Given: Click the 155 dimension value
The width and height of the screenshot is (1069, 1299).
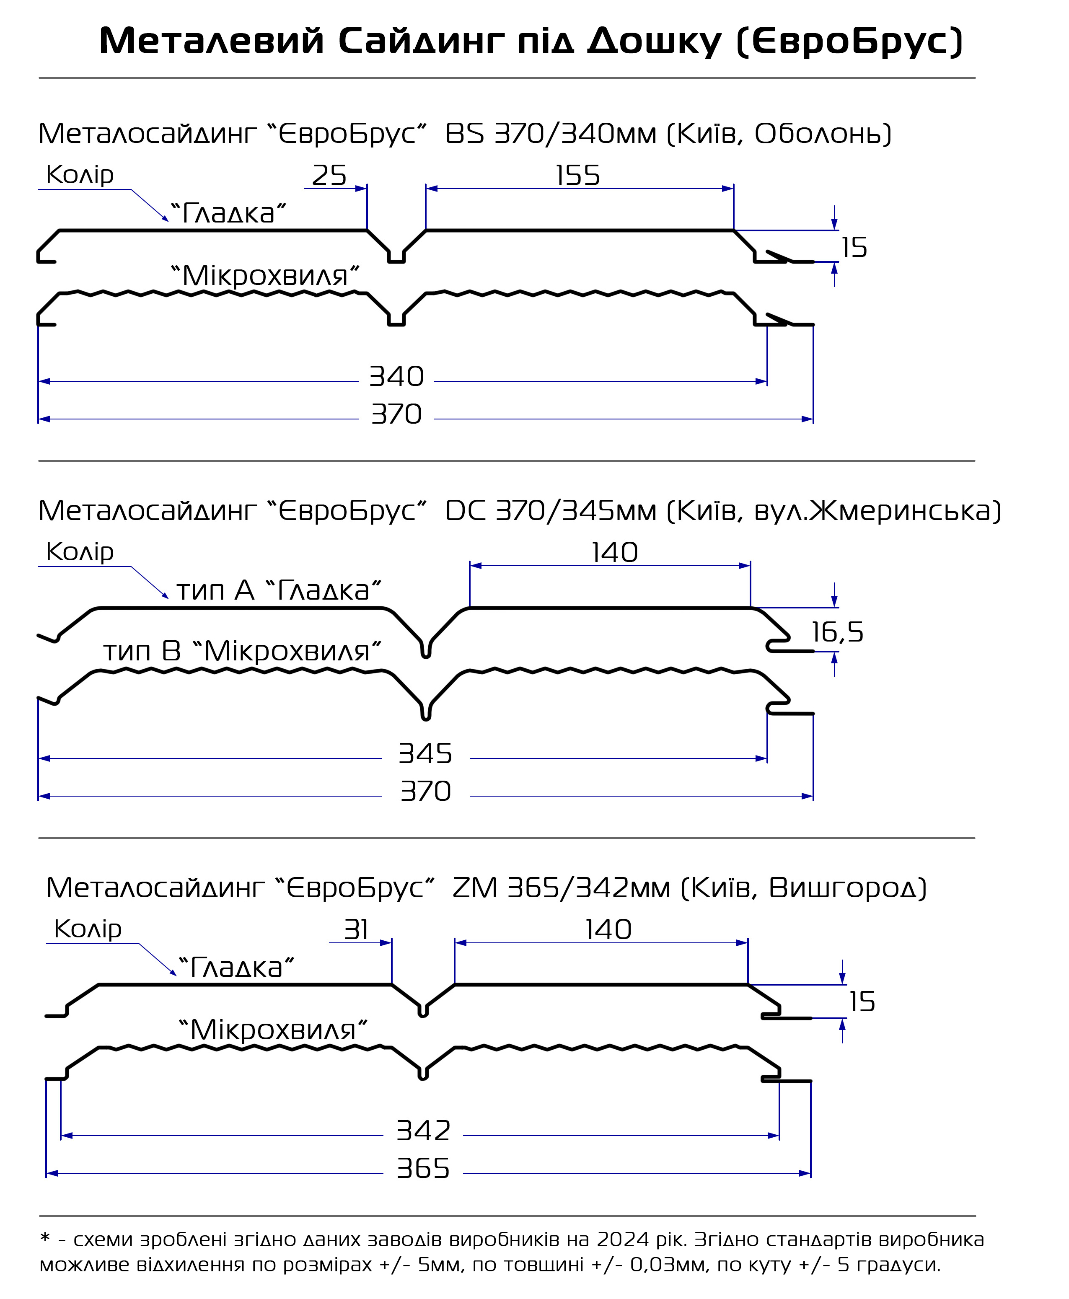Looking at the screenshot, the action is (577, 176).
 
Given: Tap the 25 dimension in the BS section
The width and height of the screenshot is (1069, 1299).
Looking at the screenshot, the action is (329, 176).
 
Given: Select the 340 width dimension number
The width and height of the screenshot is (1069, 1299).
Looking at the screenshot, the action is (396, 376).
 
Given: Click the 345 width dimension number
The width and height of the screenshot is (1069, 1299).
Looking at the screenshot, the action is (425, 753).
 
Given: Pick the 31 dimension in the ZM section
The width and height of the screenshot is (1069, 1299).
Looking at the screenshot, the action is (357, 929).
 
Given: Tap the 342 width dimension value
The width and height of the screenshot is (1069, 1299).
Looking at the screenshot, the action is (423, 1130).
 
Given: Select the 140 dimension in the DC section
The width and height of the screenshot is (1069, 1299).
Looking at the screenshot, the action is (615, 552).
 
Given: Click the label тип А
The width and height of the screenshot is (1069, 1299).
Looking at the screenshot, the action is (215, 590).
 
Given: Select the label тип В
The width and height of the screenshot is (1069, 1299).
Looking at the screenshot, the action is (142, 651).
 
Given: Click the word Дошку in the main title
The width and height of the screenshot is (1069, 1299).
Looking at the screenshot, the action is (654, 42).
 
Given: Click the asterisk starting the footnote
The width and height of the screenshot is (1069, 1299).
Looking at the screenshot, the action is (44, 1237).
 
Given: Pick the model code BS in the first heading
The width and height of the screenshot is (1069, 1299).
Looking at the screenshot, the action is (465, 134).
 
